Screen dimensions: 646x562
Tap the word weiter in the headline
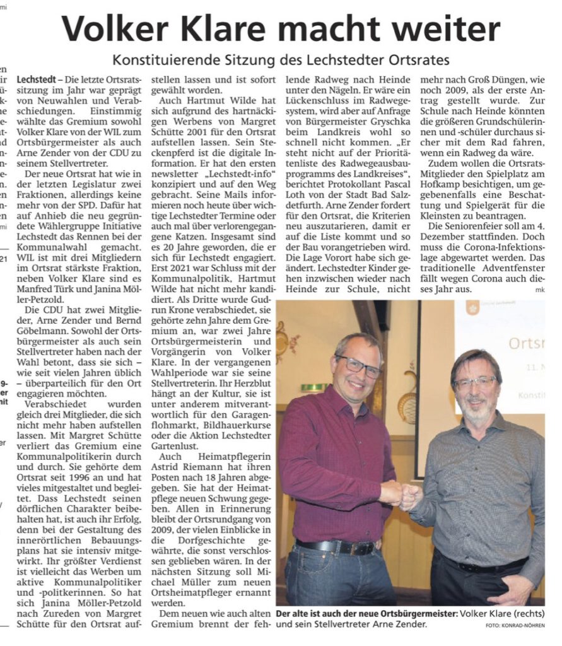pos(447,29)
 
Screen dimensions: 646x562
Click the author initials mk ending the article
pos(539,290)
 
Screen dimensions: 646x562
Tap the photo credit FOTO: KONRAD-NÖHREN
pos(515,625)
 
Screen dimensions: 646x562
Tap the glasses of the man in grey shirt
pos(475,382)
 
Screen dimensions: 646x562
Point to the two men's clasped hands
pos(401,495)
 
